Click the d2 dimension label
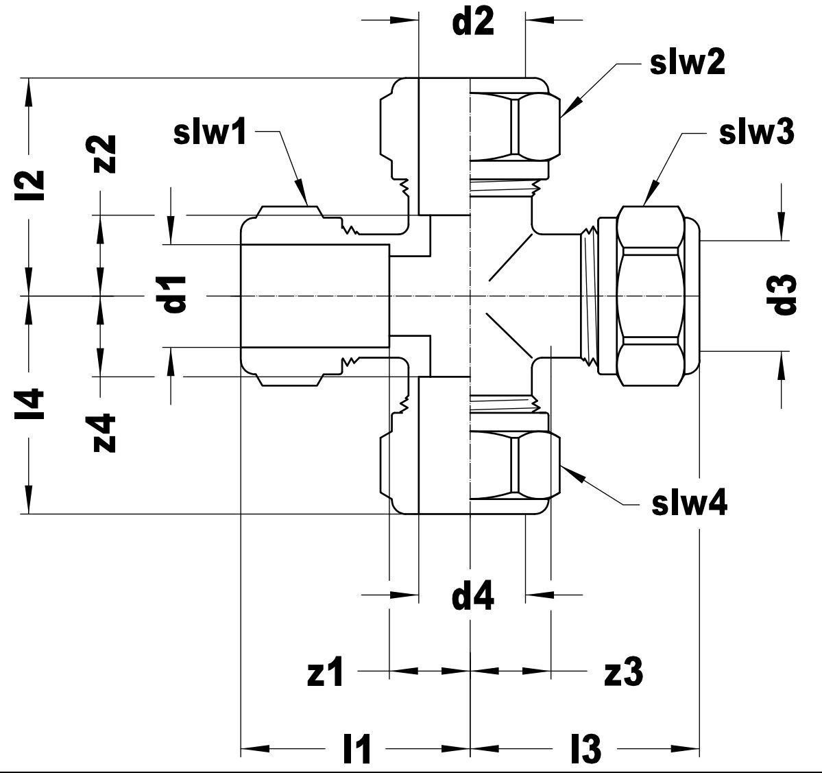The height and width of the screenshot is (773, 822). coord(472,23)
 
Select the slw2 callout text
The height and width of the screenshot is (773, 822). coord(687,64)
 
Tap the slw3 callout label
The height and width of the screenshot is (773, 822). coord(756,133)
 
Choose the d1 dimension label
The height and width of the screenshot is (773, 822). coord(175,295)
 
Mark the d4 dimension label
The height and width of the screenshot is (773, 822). coord(472,597)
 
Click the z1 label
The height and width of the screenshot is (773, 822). coord(325,674)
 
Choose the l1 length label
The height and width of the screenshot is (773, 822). coord(357,749)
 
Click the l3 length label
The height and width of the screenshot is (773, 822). coord(585,749)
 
